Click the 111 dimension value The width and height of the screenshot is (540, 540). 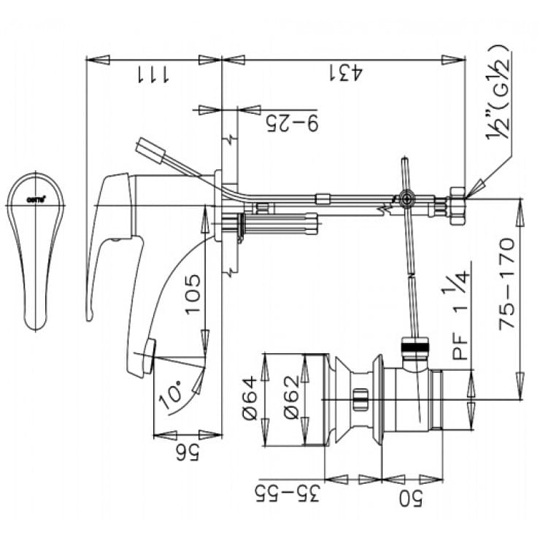point(152,73)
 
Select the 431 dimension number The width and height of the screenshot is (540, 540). point(347,73)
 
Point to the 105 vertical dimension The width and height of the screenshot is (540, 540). point(192,294)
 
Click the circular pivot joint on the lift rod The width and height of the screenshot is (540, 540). point(405,198)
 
